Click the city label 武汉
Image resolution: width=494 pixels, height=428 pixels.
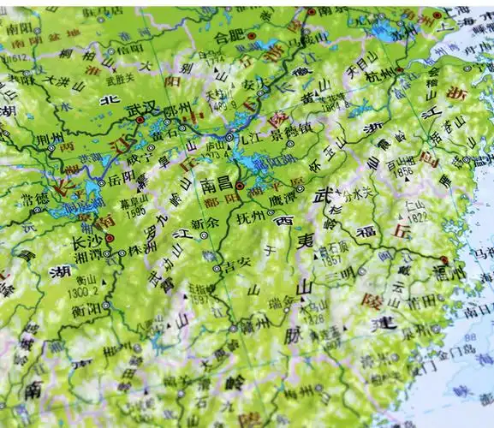point(145,110)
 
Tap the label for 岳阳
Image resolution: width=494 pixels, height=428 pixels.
point(124,181)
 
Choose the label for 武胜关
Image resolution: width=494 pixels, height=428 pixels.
point(126,79)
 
